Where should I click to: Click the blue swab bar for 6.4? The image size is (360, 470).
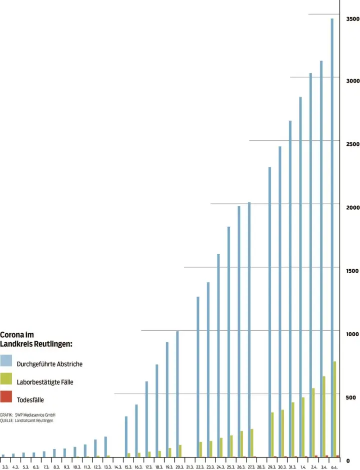(x=332, y=235)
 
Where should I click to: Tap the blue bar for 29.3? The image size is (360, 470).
(x=270, y=310)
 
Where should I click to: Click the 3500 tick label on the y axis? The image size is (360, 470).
(x=352, y=19)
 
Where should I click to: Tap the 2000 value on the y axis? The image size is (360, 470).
(x=352, y=207)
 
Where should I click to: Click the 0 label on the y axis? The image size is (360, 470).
(x=348, y=461)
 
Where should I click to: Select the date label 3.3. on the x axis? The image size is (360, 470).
(x=5, y=467)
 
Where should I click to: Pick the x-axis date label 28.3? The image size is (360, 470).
(x=261, y=467)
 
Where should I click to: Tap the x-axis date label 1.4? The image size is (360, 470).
(x=303, y=467)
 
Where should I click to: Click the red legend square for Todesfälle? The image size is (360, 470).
(x=6, y=397)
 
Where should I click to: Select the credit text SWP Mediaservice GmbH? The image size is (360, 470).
(x=35, y=415)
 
